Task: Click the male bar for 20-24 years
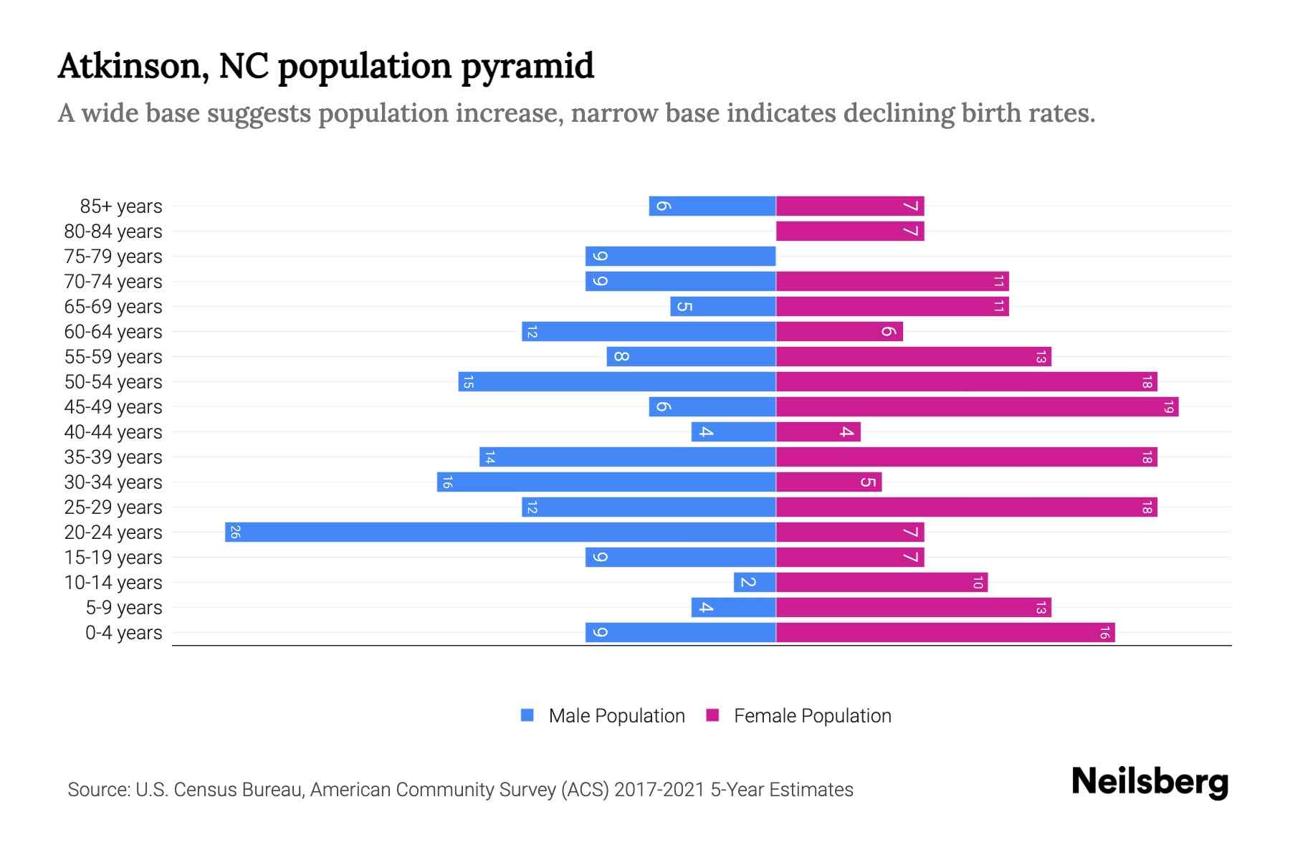click(x=500, y=532)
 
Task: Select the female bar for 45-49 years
click(x=977, y=406)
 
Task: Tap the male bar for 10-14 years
click(x=755, y=582)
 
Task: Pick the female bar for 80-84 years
click(x=850, y=231)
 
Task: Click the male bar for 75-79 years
click(x=680, y=256)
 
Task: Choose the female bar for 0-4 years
click(x=945, y=632)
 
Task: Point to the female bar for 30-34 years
click(x=828, y=482)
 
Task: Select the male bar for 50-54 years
click(x=617, y=381)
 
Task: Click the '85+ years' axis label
click(x=120, y=206)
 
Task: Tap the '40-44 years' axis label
click(x=113, y=432)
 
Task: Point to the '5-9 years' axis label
click(x=123, y=608)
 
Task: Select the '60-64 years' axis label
click(x=113, y=332)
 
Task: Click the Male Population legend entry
click(x=603, y=715)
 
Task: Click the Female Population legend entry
click(x=799, y=715)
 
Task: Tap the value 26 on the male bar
click(x=235, y=532)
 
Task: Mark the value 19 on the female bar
click(x=1168, y=406)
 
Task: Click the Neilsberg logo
click(x=1150, y=782)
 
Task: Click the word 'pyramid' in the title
click(x=527, y=67)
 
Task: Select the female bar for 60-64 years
click(x=839, y=331)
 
